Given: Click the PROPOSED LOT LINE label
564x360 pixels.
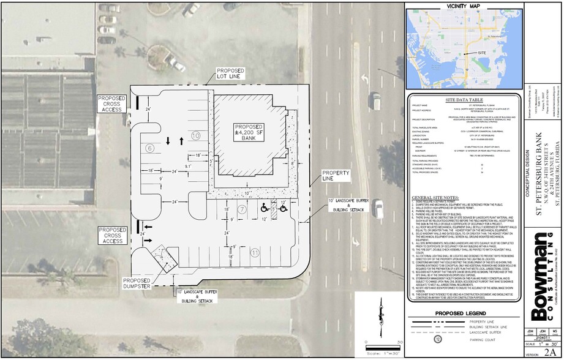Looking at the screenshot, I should pos(231,74).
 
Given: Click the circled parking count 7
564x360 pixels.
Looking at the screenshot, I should pos(242,209).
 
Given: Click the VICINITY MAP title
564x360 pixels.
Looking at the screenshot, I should pos(463,6).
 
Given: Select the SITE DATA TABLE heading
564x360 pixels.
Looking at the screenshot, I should pos(463,99).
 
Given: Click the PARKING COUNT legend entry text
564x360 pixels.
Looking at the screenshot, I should pos(483,339).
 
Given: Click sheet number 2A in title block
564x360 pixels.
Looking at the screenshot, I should pos(549,353).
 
